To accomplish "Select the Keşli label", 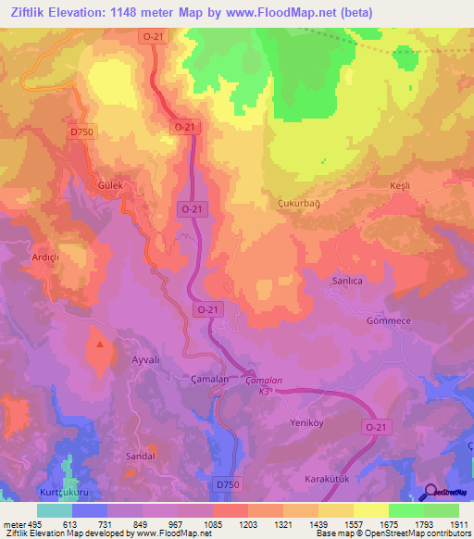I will click(399, 186).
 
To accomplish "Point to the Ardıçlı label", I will click(47, 258).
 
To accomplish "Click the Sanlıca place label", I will click(347, 279).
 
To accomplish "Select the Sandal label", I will click(140, 457).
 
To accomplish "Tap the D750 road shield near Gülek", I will click(81, 132).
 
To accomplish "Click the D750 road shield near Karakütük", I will click(226, 483).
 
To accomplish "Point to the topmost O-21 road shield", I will click(153, 35).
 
